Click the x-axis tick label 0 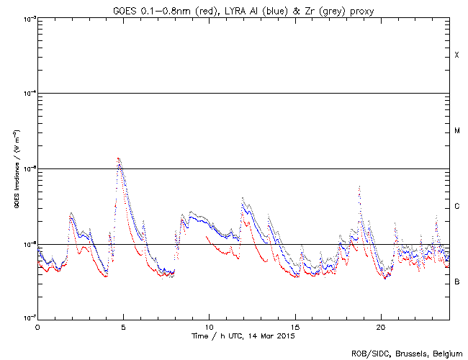(37, 327)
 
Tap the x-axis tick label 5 (123, 327)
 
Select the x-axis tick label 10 (209, 327)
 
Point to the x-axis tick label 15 (295, 327)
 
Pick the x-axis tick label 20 (381, 327)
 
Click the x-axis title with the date (243, 336)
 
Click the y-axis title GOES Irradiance (17, 169)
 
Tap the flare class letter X (456, 55)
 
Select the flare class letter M (456, 131)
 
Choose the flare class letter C (456, 207)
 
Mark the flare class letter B (456, 282)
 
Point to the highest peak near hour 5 (118, 158)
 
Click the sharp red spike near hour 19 (359, 186)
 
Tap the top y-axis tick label (28, 18)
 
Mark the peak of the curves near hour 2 (71, 214)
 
